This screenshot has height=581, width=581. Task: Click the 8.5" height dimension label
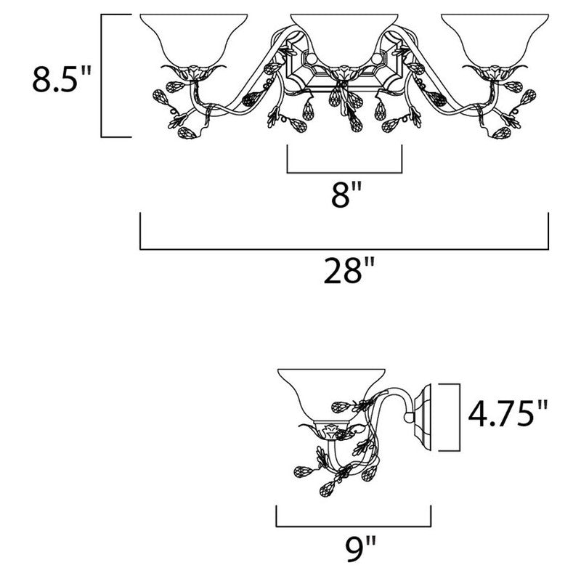tap(62, 78)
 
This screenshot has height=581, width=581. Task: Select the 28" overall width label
tap(349, 270)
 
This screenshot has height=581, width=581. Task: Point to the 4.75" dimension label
tap(508, 413)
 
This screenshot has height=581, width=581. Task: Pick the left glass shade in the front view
tap(194, 40)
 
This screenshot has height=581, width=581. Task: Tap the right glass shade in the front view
tap(495, 40)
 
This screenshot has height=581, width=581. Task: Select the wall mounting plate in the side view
tap(423, 417)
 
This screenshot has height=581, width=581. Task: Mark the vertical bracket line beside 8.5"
tap(101, 76)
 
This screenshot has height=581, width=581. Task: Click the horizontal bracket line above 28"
tap(344, 249)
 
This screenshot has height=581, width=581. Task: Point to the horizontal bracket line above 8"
tap(344, 172)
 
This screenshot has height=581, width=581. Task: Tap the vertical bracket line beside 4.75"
tap(460, 417)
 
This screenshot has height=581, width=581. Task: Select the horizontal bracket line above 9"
tap(354, 526)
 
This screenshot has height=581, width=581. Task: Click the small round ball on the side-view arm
tap(409, 418)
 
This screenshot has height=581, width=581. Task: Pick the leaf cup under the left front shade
tap(193, 71)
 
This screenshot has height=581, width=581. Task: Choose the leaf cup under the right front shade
tap(495, 71)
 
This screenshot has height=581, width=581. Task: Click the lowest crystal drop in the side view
tap(327, 489)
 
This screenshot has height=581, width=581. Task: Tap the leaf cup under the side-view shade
tap(332, 430)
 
